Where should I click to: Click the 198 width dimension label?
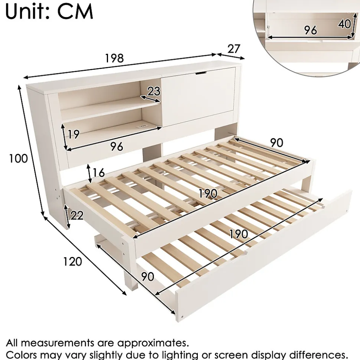click(x=114, y=58)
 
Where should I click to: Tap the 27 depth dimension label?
click(x=234, y=49)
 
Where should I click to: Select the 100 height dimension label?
click(x=18, y=159)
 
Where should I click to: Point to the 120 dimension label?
click(x=72, y=261)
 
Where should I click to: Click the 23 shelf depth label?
click(x=153, y=91)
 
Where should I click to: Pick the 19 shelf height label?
click(x=73, y=134)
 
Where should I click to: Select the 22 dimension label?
click(x=76, y=215)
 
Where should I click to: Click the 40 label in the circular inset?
click(x=345, y=24)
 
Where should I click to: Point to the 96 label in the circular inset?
click(x=310, y=30)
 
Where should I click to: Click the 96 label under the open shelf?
click(x=117, y=146)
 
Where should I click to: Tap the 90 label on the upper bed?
click(x=276, y=142)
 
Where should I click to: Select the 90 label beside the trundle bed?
click(x=147, y=277)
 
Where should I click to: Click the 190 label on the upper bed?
click(x=207, y=193)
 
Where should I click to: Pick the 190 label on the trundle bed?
click(x=238, y=234)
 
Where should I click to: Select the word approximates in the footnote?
click(x=153, y=342)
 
